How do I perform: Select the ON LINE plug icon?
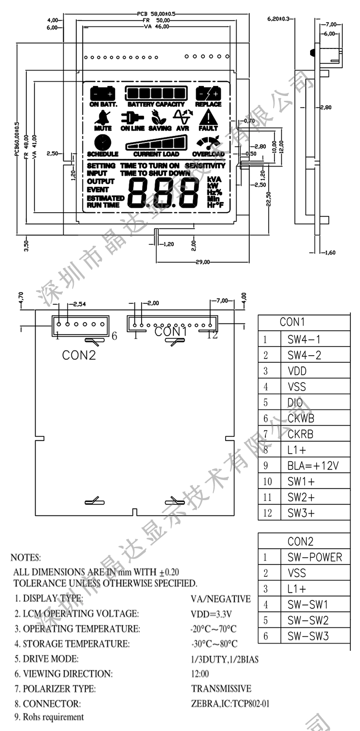pos(132,117)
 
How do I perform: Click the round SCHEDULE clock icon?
pos(102,143)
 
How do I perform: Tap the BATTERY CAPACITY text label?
pos(156,104)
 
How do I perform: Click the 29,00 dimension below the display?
pos(202,262)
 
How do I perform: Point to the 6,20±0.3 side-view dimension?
pos(278,19)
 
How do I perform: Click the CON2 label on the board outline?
pos(79,355)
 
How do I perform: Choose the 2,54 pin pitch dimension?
pos(79,304)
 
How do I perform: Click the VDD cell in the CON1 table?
pos(297,371)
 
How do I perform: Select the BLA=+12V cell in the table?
pos(313,466)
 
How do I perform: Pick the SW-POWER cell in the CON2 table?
pos(314,557)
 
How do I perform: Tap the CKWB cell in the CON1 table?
pos(301,419)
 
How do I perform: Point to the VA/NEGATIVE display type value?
pos(220,599)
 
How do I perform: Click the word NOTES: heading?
pos(25,558)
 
